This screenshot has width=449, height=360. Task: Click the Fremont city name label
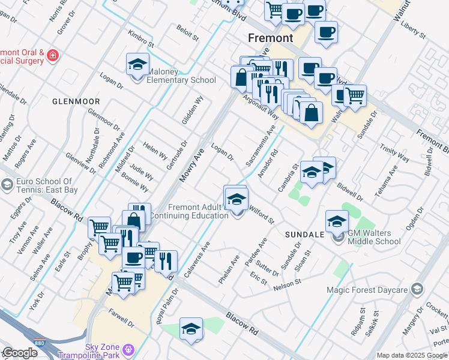tap(271, 38)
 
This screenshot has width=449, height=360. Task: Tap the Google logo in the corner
tap(20, 353)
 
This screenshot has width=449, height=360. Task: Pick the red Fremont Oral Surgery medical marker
tap(53, 56)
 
